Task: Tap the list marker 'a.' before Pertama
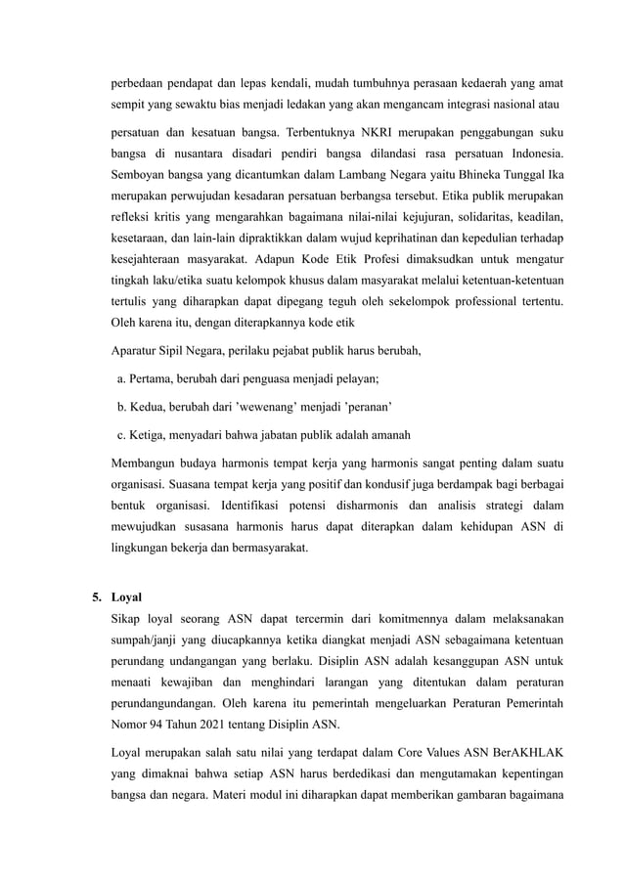(x=120, y=379)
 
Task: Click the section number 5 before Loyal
(x=96, y=593)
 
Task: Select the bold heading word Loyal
(x=127, y=593)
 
